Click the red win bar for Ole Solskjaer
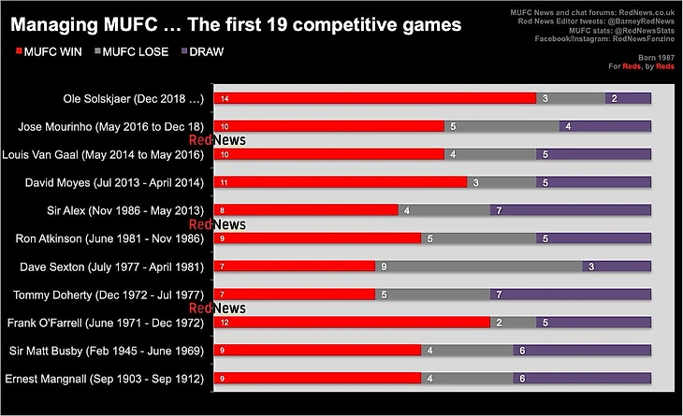point(374,98)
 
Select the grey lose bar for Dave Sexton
point(478,266)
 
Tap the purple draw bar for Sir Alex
point(571,210)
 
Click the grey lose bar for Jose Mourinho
point(501,126)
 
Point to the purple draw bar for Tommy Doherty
point(571,294)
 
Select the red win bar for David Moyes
point(341,182)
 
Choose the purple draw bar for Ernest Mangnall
point(582,379)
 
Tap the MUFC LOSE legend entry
point(132,51)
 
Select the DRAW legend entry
point(201,51)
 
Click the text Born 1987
point(659,57)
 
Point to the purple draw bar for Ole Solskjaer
point(628,98)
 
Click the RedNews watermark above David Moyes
point(217,140)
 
